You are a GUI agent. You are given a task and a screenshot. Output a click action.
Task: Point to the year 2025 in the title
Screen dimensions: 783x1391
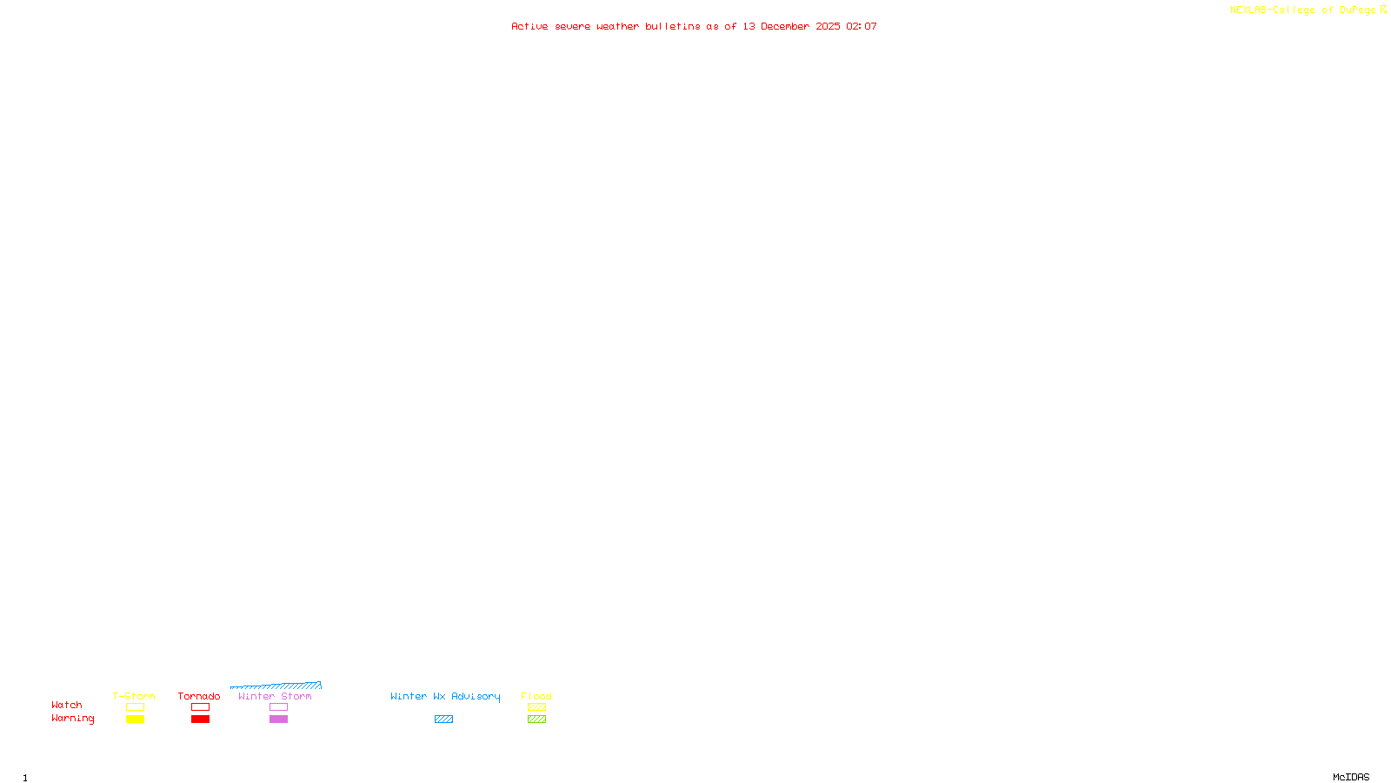click(x=828, y=26)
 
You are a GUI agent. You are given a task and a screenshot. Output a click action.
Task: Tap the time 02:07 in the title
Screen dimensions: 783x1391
click(x=862, y=26)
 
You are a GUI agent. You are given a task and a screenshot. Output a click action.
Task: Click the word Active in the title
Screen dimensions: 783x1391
click(x=529, y=26)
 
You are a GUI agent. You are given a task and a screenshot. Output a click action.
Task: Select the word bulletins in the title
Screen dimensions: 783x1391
click(x=673, y=26)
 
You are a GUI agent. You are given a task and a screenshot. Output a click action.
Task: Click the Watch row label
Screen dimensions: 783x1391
click(x=67, y=705)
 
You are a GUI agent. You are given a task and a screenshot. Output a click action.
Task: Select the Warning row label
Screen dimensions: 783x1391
click(x=72, y=719)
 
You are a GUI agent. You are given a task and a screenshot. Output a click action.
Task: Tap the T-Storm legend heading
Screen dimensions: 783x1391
click(x=134, y=696)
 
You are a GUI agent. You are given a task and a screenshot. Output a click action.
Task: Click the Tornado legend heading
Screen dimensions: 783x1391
click(x=199, y=696)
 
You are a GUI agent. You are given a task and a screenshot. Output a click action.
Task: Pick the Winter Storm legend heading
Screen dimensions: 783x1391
click(x=275, y=696)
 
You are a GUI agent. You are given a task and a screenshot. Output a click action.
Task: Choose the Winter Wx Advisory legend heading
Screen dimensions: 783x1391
click(x=445, y=696)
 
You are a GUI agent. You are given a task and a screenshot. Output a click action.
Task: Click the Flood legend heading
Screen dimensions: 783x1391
click(x=536, y=696)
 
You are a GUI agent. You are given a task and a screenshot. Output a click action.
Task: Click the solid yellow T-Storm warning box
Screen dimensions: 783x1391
click(x=135, y=719)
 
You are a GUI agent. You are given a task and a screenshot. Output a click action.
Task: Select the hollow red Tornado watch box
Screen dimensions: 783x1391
click(x=200, y=707)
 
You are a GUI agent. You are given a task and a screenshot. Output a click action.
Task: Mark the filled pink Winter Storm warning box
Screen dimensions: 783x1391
click(x=278, y=719)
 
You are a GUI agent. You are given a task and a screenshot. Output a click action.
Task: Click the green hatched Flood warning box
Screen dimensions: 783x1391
click(x=536, y=719)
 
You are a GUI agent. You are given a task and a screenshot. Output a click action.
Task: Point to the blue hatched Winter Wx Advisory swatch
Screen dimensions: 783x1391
click(x=443, y=719)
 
